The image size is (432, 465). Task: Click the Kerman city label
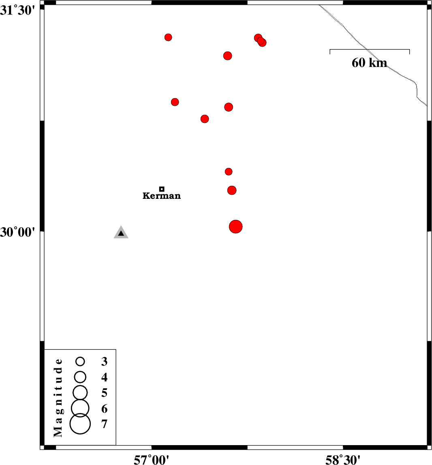(x=162, y=196)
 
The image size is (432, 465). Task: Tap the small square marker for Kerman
(x=162, y=189)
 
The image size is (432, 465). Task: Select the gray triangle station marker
(x=121, y=232)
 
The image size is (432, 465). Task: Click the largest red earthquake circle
(x=236, y=227)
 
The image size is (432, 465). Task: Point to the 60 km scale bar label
(x=369, y=62)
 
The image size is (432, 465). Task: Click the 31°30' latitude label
(x=17, y=11)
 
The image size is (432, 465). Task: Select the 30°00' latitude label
(x=17, y=232)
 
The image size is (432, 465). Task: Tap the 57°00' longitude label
(x=151, y=460)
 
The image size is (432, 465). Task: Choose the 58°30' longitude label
(x=343, y=460)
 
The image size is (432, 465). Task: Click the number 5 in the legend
(x=104, y=393)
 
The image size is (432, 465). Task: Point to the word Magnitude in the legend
(x=58, y=398)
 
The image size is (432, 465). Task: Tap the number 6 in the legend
(x=104, y=409)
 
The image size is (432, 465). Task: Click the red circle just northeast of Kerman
(x=229, y=171)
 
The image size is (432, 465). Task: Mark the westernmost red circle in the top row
(x=168, y=37)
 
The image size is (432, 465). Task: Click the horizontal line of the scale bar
(x=370, y=49)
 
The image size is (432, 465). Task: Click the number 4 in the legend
(x=104, y=377)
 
